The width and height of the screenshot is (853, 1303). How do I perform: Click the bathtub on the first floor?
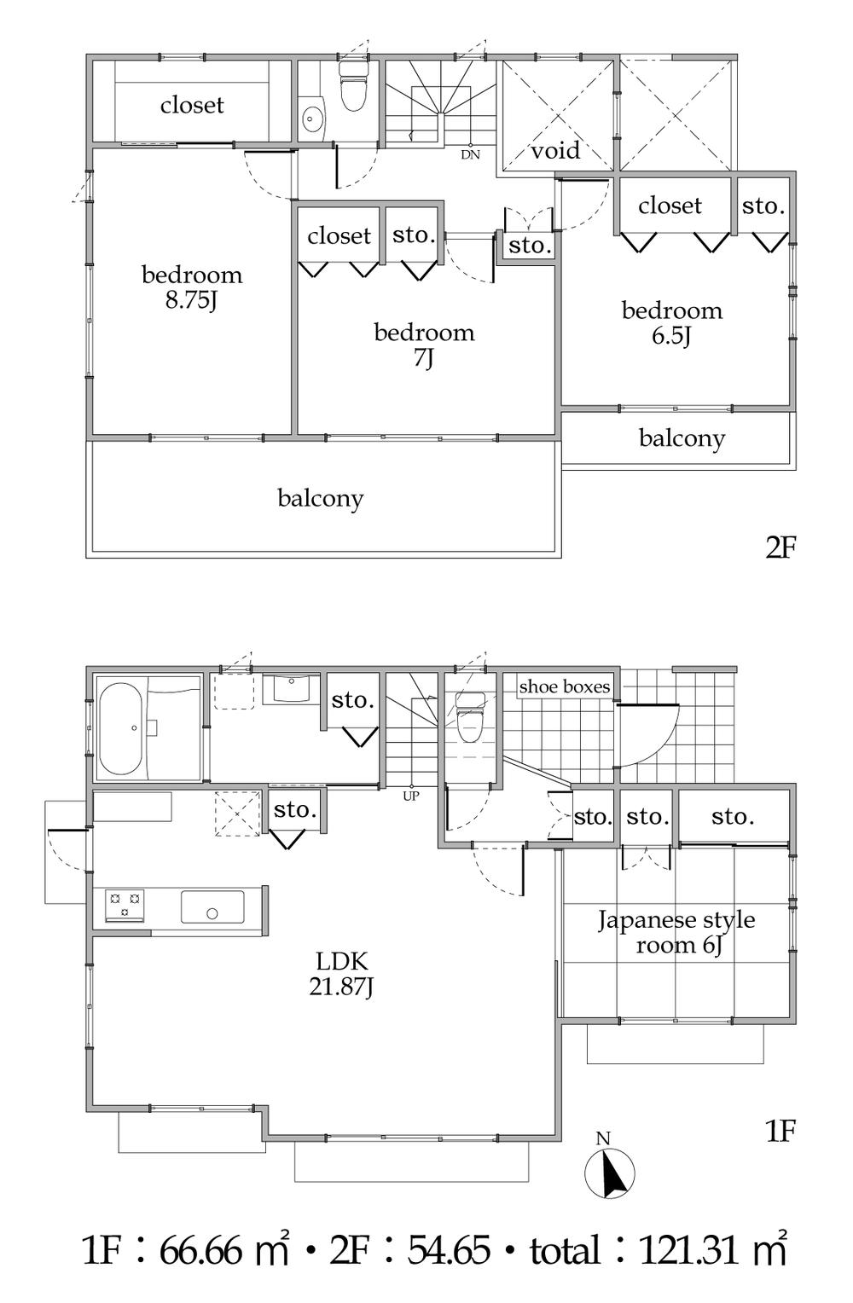point(121,727)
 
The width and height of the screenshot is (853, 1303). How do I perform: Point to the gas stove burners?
point(125,905)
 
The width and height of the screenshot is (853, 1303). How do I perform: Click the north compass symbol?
point(611,1173)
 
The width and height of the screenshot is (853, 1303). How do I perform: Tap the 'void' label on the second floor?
point(555,151)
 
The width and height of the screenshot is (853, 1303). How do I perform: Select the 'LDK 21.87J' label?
point(341,974)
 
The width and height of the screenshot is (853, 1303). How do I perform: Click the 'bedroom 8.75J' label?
point(192,287)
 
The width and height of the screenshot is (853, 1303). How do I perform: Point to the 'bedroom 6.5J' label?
point(671,322)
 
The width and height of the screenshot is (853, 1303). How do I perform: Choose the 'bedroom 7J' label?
point(424,345)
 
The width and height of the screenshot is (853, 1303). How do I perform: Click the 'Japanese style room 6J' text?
point(676,932)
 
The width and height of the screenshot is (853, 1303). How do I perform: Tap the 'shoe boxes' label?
point(565,686)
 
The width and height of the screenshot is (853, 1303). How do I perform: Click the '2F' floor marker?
point(780,547)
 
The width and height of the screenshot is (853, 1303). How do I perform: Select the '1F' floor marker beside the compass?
point(780,1132)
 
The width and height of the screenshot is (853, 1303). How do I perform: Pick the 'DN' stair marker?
point(470,155)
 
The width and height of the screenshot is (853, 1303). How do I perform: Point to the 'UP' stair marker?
point(411,796)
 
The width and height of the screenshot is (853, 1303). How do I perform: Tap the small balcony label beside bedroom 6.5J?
point(682,438)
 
